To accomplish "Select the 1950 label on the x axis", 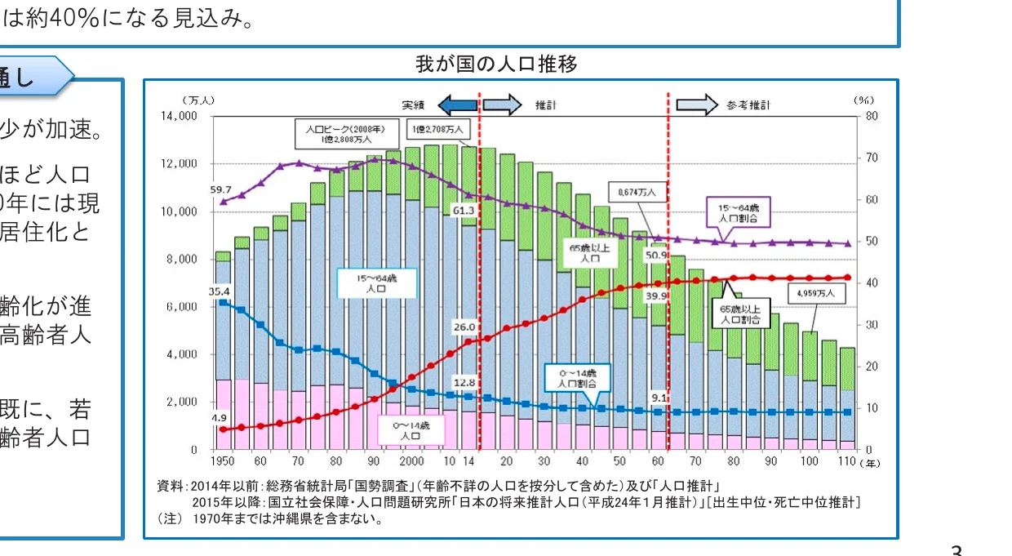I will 223,462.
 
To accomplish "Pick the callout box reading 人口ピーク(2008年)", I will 340,134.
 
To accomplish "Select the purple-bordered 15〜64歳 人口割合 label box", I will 738,214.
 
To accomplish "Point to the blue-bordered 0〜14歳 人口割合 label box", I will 577,377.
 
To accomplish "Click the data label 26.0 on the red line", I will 464,327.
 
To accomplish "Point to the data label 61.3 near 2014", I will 465,211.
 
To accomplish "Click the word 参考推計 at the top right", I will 748,105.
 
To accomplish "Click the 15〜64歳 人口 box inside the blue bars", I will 377,283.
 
